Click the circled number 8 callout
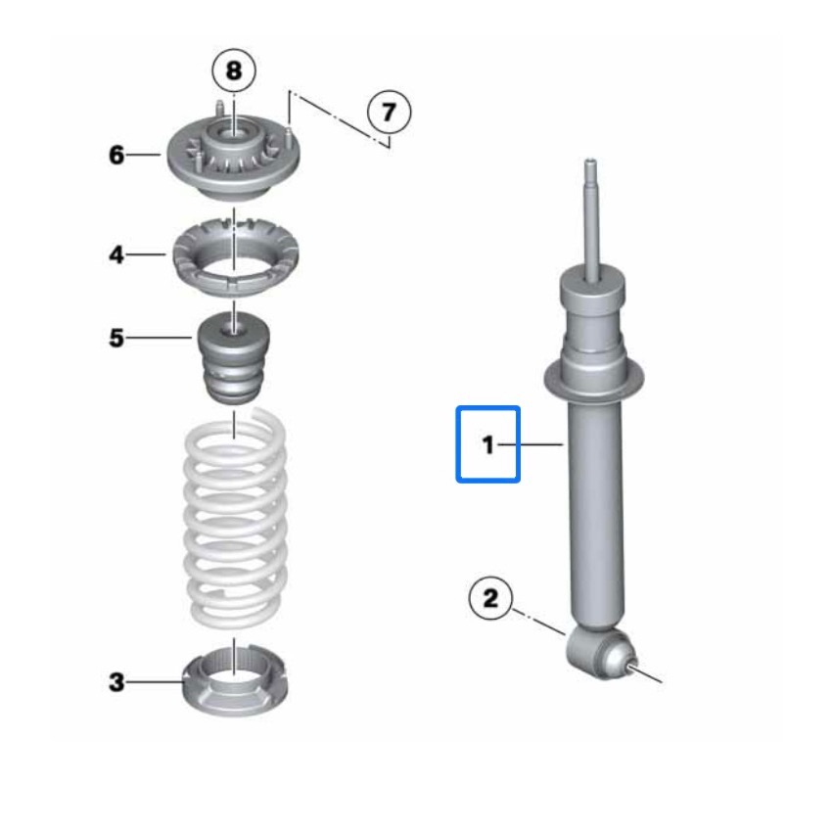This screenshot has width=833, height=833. click(234, 70)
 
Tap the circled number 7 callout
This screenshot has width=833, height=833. click(389, 113)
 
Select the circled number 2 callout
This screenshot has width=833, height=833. click(490, 599)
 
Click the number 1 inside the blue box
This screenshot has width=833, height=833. click(487, 444)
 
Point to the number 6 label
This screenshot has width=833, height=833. click(116, 155)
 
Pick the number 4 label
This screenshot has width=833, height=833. click(116, 255)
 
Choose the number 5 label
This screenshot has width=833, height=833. click(116, 338)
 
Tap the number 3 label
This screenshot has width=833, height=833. click(116, 681)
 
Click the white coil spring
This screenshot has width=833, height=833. click(235, 519)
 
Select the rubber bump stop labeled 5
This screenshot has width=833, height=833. click(234, 358)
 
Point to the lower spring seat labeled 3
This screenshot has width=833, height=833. click(235, 683)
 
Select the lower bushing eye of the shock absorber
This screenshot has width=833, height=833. click(601, 654)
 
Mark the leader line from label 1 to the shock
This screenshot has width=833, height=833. click(531, 444)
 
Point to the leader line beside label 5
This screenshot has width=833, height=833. click(159, 338)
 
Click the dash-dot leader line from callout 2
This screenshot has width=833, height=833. click(538, 622)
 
